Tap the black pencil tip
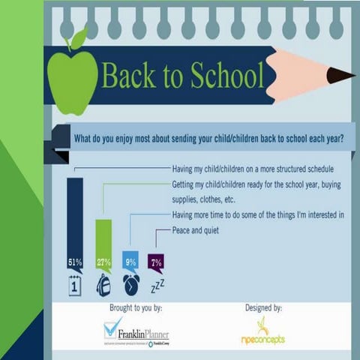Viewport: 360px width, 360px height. point(341,75)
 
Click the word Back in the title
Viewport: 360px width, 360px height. point(130,76)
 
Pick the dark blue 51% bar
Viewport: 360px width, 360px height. point(75,217)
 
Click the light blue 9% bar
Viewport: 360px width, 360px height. point(130,259)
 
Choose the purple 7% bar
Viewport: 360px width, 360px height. point(156,262)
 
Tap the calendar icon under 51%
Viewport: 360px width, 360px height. point(75,286)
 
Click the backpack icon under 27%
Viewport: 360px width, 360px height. point(103,285)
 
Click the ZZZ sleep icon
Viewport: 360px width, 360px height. point(157,286)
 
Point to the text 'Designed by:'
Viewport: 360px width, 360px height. point(263,307)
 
